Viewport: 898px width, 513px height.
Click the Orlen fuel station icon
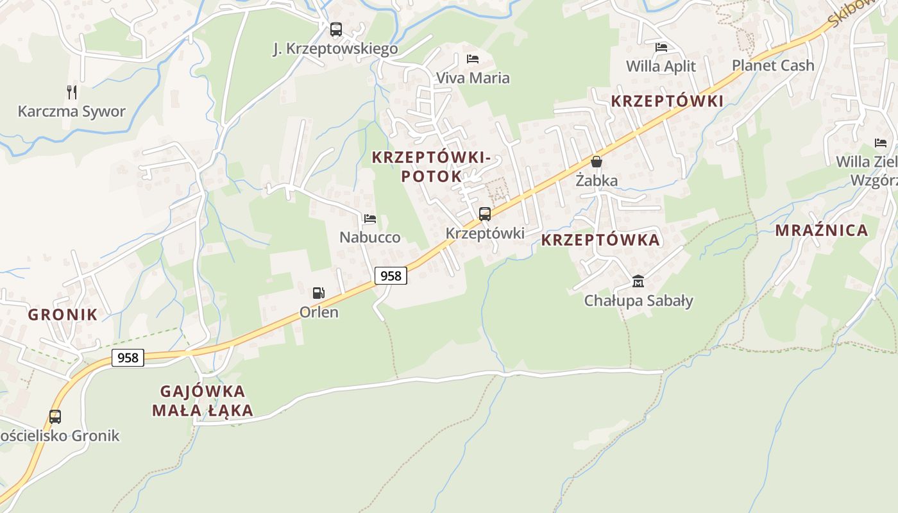pyautogui.click(x=318, y=293)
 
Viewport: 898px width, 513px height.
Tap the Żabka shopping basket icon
pyautogui.click(x=597, y=162)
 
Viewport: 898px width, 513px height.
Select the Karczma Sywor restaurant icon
pyautogui.click(x=72, y=92)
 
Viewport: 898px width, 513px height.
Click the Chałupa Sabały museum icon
pyautogui.click(x=638, y=282)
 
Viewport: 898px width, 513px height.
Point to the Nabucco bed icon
pyautogui.click(x=370, y=219)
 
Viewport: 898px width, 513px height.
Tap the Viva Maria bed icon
pyautogui.click(x=473, y=59)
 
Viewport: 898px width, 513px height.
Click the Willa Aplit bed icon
pyautogui.click(x=661, y=47)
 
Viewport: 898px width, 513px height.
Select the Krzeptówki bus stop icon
pyautogui.click(x=485, y=214)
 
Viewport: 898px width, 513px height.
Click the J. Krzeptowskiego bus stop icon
pyautogui.click(x=335, y=29)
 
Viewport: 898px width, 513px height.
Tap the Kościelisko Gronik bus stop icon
pyautogui.click(x=55, y=417)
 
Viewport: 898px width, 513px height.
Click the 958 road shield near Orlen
pyautogui.click(x=391, y=276)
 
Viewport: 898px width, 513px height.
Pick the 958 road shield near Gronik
pyautogui.click(x=128, y=357)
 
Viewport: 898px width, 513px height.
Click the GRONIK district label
pyautogui.click(x=62, y=314)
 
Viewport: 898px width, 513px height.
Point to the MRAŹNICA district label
pyautogui.click(x=822, y=230)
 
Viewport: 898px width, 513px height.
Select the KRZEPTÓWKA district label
pyautogui.click(x=600, y=240)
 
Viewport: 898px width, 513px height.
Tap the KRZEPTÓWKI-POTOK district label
pyautogui.click(x=431, y=166)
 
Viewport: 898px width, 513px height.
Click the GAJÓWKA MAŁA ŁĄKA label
pyautogui.click(x=203, y=401)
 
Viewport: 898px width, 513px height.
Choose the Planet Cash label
pyautogui.click(x=773, y=65)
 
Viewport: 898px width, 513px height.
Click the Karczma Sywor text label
pyautogui.click(x=72, y=112)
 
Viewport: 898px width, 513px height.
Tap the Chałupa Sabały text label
pyautogui.click(x=638, y=300)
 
